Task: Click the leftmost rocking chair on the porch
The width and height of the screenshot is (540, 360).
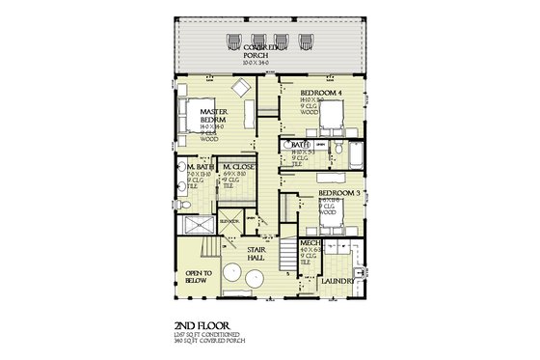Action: click(232, 42)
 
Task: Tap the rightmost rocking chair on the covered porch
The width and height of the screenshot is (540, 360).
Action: click(307, 42)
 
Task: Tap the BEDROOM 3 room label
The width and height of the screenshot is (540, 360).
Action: click(338, 193)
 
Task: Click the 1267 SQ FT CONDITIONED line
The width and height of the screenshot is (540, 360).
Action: click(210, 332)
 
